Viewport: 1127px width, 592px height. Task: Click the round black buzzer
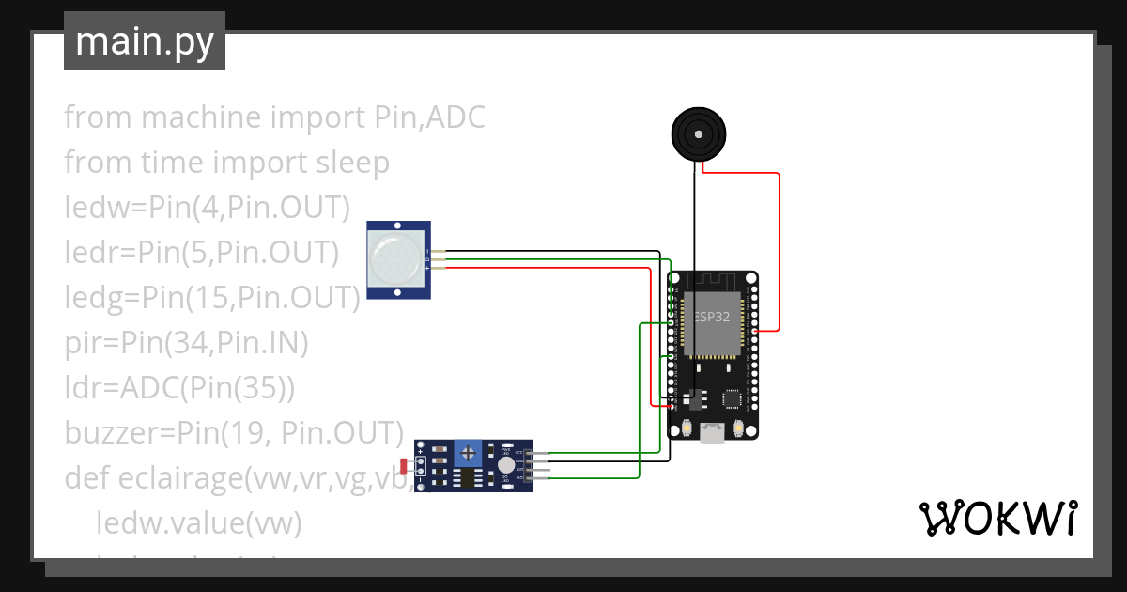coord(698,133)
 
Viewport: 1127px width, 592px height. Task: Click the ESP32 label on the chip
coord(711,317)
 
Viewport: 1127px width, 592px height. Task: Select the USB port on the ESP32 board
coord(713,432)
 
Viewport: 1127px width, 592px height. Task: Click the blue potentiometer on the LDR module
coord(466,454)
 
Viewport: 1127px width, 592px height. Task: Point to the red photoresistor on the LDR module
coord(404,465)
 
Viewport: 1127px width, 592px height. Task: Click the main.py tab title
coord(144,41)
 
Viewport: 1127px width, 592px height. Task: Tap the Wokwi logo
coord(997,518)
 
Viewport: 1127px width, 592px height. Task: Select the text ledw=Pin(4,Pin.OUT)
coord(207,208)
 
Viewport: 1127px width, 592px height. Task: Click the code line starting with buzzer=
coord(233,433)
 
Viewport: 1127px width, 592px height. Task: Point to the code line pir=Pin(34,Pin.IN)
coord(186,343)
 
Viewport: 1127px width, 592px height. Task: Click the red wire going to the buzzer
coord(779,244)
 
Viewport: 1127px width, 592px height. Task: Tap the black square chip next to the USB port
coord(731,399)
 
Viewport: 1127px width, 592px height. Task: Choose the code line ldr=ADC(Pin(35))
coord(179,388)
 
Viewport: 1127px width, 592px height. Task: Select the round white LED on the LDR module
coord(506,465)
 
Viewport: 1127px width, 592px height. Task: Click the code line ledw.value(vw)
coord(198,523)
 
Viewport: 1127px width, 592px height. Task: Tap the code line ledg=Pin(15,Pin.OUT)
coord(212,298)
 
